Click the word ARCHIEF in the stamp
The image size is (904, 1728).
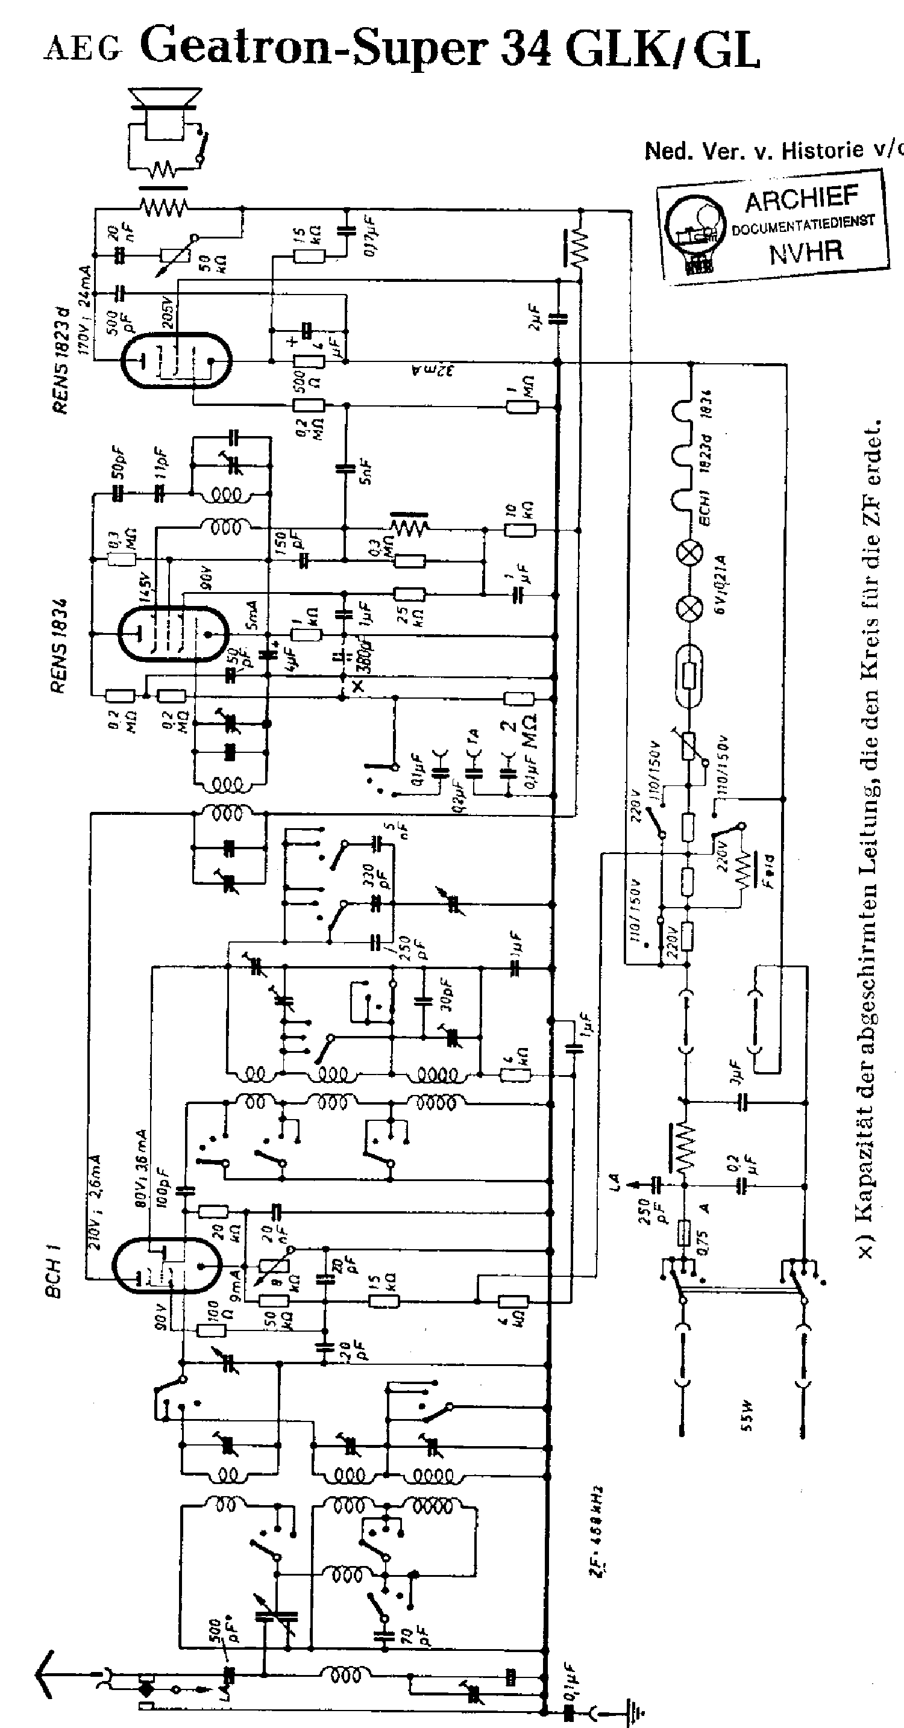point(802,199)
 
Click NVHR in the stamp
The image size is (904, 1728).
point(805,253)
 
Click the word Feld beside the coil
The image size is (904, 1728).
point(767,872)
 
